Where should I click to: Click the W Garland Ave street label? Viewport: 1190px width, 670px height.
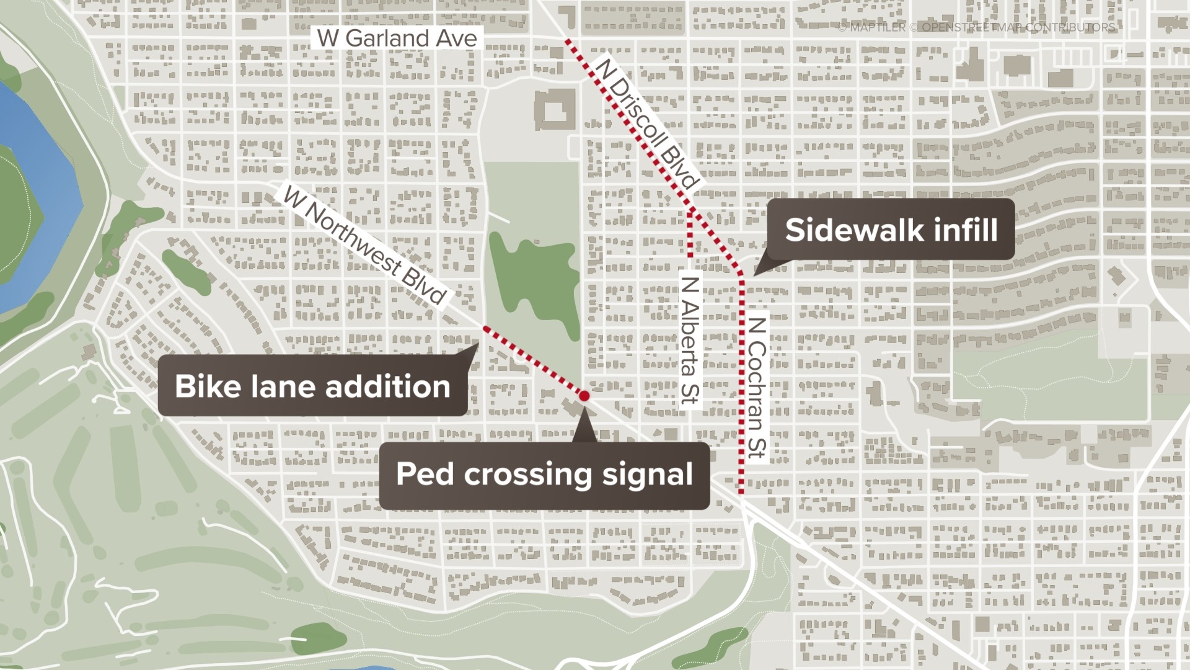[x=397, y=38]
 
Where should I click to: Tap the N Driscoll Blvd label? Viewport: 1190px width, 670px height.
[x=646, y=122]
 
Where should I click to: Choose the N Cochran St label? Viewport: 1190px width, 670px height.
[x=757, y=388]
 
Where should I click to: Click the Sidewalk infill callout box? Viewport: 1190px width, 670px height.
[x=891, y=230]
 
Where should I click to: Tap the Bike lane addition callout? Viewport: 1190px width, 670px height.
[x=312, y=386]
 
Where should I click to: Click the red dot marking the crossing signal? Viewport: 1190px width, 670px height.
[x=584, y=395]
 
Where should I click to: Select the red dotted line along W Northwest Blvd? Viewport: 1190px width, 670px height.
[x=533, y=360]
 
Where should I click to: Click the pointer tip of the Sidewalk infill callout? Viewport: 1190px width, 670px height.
[x=754, y=275]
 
